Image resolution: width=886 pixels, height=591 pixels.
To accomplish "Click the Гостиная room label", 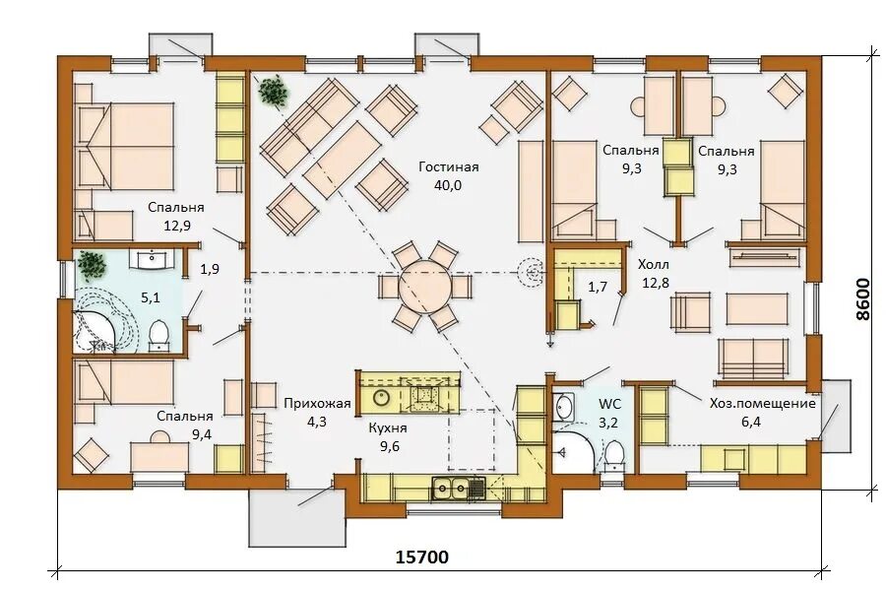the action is pyautogui.click(x=449, y=166).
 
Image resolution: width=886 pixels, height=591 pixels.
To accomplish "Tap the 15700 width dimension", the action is pyautogui.click(x=421, y=558).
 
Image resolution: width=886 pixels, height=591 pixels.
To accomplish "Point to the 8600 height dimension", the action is pyautogui.click(x=862, y=298).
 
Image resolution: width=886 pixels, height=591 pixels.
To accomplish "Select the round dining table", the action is pyautogui.click(x=425, y=287).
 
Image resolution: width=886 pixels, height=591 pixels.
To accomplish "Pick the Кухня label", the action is pyautogui.click(x=388, y=428).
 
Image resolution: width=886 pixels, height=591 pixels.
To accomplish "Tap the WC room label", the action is pyautogui.click(x=609, y=404).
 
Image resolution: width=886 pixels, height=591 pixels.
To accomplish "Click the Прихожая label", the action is pyautogui.click(x=317, y=403).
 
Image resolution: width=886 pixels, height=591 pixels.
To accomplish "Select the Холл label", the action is pyautogui.click(x=654, y=264).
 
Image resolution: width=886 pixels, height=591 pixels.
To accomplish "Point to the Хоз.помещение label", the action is pyautogui.click(x=762, y=403).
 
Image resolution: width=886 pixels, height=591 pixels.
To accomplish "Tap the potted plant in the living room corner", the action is pyautogui.click(x=273, y=91).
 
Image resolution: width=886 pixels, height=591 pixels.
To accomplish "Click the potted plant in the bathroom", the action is pyautogui.click(x=92, y=266).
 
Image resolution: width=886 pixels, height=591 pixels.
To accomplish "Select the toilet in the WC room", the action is pyautogui.click(x=614, y=456).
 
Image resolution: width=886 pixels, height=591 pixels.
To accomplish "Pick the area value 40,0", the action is pyautogui.click(x=448, y=185).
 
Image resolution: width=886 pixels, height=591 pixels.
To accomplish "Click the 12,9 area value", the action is pyautogui.click(x=177, y=226).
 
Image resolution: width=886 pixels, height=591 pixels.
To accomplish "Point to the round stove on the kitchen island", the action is pyautogui.click(x=381, y=398).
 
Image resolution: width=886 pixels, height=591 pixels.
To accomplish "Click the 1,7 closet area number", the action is pyautogui.click(x=598, y=287).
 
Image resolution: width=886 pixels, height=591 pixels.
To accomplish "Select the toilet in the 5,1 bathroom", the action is pyautogui.click(x=158, y=336).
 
